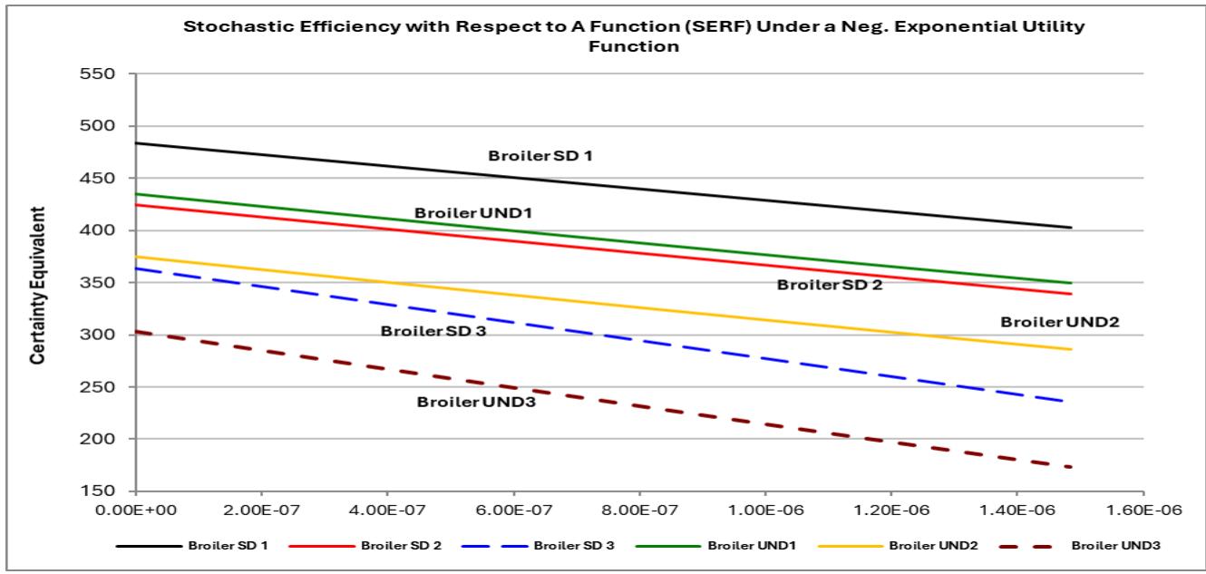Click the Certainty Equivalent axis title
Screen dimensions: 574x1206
coord(37,286)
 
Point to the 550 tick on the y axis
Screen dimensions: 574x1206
coord(105,74)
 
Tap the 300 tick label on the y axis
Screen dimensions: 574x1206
coord(105,335)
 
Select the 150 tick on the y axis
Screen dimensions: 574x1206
coord(105,491)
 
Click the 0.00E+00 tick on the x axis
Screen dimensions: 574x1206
coord(136,511)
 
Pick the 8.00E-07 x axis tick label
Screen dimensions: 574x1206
coord(639,511)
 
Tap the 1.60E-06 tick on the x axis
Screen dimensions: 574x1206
coord(1143,511)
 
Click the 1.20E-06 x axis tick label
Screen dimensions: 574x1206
coord(890,511)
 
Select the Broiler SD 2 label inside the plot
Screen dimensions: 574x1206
coord(829,285)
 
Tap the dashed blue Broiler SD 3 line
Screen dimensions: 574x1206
coord(635,340)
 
